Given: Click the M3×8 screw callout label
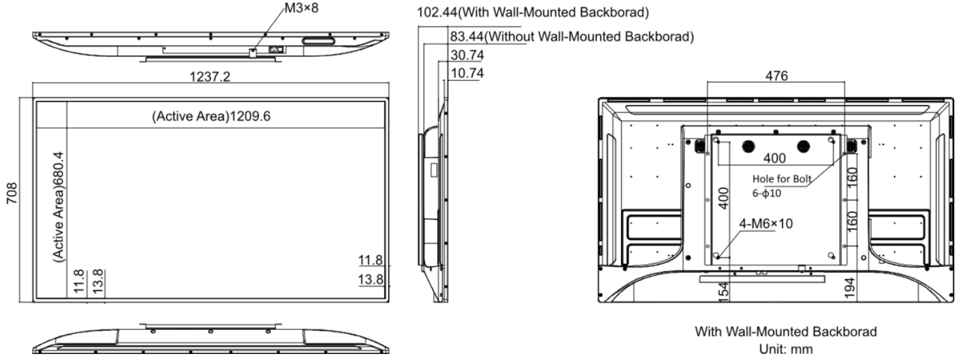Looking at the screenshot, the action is pyautogui.click(x=301, y=8).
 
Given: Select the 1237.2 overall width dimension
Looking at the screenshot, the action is pyautogui.click(x=209, y=77).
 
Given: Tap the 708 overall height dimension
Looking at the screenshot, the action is pyautogui.click(x=11, y=193).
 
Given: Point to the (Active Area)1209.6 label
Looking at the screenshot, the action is pyautogui.click(x=211, y=116).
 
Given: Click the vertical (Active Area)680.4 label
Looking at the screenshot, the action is pyautogui.click(x=58, y=207).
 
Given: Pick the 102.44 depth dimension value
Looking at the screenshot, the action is pyautogui.click(x=437, y=12).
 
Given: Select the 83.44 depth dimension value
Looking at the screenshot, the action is pyautogui.click(x=466, y=37).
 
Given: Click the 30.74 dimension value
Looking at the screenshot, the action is pyautogui.click(x=467, y=55).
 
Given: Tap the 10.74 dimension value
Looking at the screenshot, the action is pyautogui.click(x=467, y=73).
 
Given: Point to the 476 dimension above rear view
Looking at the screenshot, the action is pyautogui.click(x=776, y=76).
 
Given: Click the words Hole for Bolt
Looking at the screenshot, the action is pyautogui.click(x=782, y=179).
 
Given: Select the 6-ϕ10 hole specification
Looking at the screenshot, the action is pyautogui.click(x=767, y=193).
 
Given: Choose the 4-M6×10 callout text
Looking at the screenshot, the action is pyautogui.click(x=766, y=223).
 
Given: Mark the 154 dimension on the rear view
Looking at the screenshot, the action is pyautogui.click(x=723, y=291).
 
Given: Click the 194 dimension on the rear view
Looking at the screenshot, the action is pyautogui.click(x=849, y=288).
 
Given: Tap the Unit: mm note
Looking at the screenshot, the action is pyautogui.click(x=786, y=349).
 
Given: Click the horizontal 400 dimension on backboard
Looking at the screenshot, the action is pyautogui.click(x=774, y=159).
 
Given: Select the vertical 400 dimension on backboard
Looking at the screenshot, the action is pyautogui.click(x=723, y=198).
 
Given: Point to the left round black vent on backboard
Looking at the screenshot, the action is pyautogui.click(x=748, y=147).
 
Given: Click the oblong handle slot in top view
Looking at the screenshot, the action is pyautogui.click(x=319, y=41).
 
